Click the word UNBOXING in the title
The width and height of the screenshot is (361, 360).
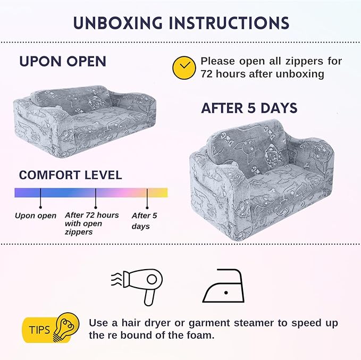tap(117, 23)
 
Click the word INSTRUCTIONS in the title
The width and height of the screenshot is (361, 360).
tap(229, 23)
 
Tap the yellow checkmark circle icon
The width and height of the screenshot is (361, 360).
tap(184, 68)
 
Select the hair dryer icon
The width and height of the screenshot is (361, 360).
tap(137, 287)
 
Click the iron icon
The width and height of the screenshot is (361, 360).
tap(223, 286)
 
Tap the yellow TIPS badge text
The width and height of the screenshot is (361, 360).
tap(39, 330)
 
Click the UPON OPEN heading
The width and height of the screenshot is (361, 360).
tap(63, 62)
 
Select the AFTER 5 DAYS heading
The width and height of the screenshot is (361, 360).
tap(249, 108)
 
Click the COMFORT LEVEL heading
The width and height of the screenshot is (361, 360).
tap(71, 175)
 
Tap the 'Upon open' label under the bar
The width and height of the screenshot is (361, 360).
tap(36, 216)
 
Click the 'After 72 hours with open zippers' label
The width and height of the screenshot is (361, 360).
tap(92, 223)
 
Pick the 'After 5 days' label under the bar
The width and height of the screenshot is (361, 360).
tap(145, 221)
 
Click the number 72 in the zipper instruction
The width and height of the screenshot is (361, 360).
tap(206, 74)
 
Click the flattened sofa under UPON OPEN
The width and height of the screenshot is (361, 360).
tap(85, 121)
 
